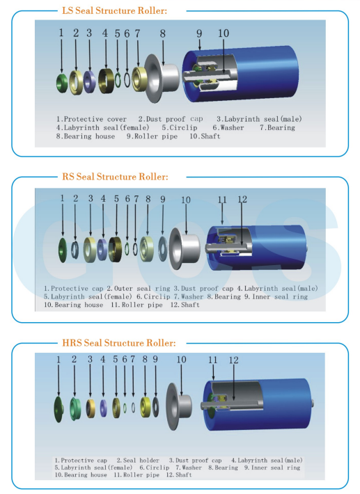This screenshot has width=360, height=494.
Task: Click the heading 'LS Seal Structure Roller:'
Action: coord(115,10)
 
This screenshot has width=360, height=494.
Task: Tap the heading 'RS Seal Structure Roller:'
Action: coord(116,177)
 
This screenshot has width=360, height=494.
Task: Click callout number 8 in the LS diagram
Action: coord(162,33)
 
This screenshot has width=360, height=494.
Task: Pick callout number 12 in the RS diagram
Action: coord(242,200)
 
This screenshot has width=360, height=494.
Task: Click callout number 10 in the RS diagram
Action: coord(185,200)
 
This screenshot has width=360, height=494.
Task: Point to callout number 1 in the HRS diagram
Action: coord(58,360)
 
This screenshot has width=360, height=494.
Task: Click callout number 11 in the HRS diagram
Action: coord(213,360)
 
